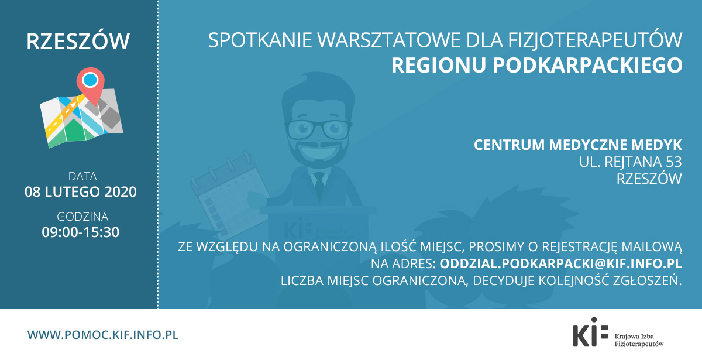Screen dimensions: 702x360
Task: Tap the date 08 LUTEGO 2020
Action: [81, 192]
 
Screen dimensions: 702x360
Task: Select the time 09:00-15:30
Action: [81, 232]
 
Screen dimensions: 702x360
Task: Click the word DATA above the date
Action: [82, 176]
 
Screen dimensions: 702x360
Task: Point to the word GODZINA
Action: [82, 217]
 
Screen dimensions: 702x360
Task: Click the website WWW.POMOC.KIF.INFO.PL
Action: [103, 335]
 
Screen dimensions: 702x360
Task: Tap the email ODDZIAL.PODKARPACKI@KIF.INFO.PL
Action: [560, 263]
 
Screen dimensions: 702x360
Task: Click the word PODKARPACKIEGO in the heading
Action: [587, 65]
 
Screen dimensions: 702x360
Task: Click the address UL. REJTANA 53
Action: [630, 162]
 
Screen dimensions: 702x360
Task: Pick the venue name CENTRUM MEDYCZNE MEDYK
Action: [578, 145]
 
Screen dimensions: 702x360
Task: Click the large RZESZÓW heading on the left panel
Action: [78, 41]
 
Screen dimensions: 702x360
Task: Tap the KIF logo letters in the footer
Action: [590, 332]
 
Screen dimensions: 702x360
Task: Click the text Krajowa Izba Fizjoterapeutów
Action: [639, 340]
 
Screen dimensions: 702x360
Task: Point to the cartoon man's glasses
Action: [318, 129]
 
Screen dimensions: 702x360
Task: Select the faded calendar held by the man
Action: [227, 194]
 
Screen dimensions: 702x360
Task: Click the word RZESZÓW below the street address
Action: [649, 179]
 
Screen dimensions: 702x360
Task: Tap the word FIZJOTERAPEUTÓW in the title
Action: [595, 40]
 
